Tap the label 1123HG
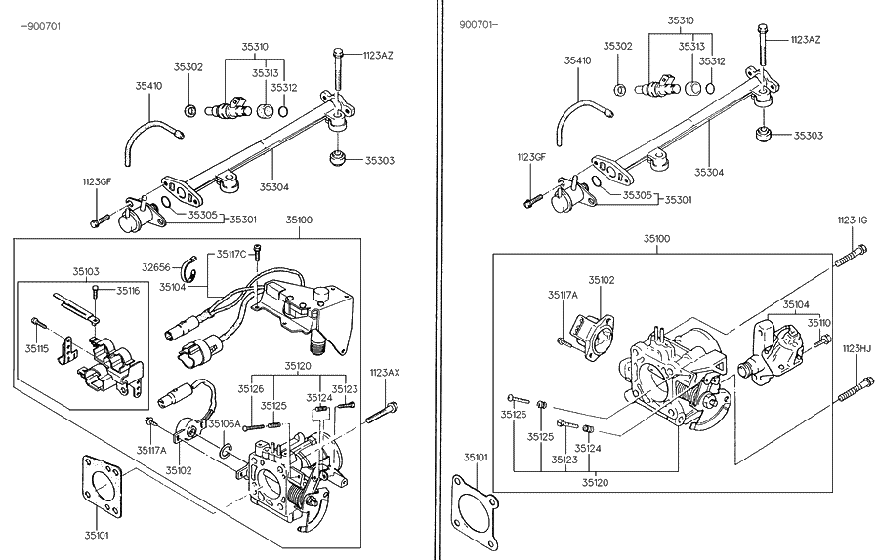point(853,220)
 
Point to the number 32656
point(155,265)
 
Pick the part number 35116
point(128,291)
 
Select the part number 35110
point(818,322)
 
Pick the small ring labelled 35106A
point(226,451)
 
